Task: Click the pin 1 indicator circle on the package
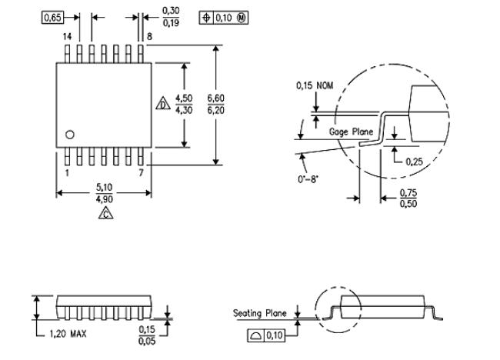(x=69, y=135)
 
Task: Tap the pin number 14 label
(x=67, y=36)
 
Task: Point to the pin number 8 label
(x=146, y=36)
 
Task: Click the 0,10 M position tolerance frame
(x=223, y=16)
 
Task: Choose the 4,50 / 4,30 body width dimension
(x=184, y=104)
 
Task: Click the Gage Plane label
(x=351, y=132)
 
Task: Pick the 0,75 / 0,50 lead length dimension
(x=408, y=198)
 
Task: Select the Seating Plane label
(x=260, y=313)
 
